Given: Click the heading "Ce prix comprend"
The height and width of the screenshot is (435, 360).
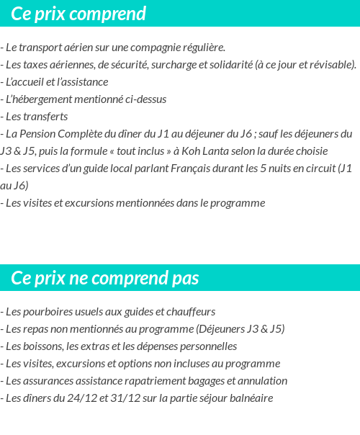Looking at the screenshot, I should pos(78,14).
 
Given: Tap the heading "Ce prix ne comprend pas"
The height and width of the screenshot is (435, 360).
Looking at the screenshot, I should pos(105,278).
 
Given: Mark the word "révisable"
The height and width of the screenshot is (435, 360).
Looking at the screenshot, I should pos(330,65).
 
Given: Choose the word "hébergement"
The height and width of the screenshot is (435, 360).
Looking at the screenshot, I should pos(50,99).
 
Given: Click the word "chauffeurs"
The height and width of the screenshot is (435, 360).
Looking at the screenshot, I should pos(190,312).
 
